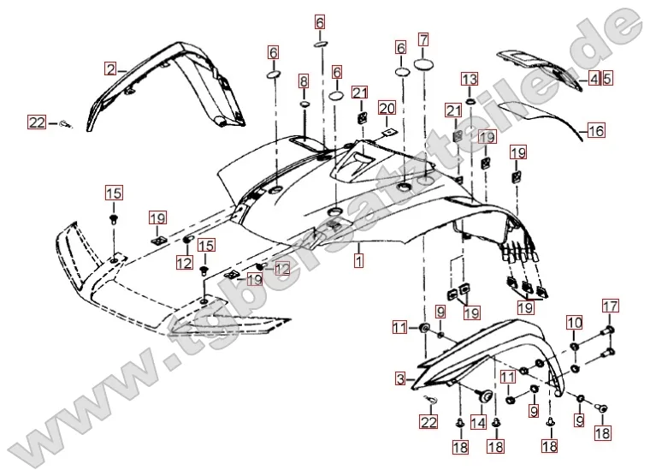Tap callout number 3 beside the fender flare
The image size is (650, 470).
tap(399, 378)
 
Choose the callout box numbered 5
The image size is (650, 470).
tap(607, 79)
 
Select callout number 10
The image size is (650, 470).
tap(574, 323)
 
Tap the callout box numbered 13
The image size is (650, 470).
tap(470, 79)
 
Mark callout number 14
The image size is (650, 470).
tap(477, 422)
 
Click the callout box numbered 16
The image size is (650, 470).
tap(596, 130)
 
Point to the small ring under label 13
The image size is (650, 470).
tap(470, 100)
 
